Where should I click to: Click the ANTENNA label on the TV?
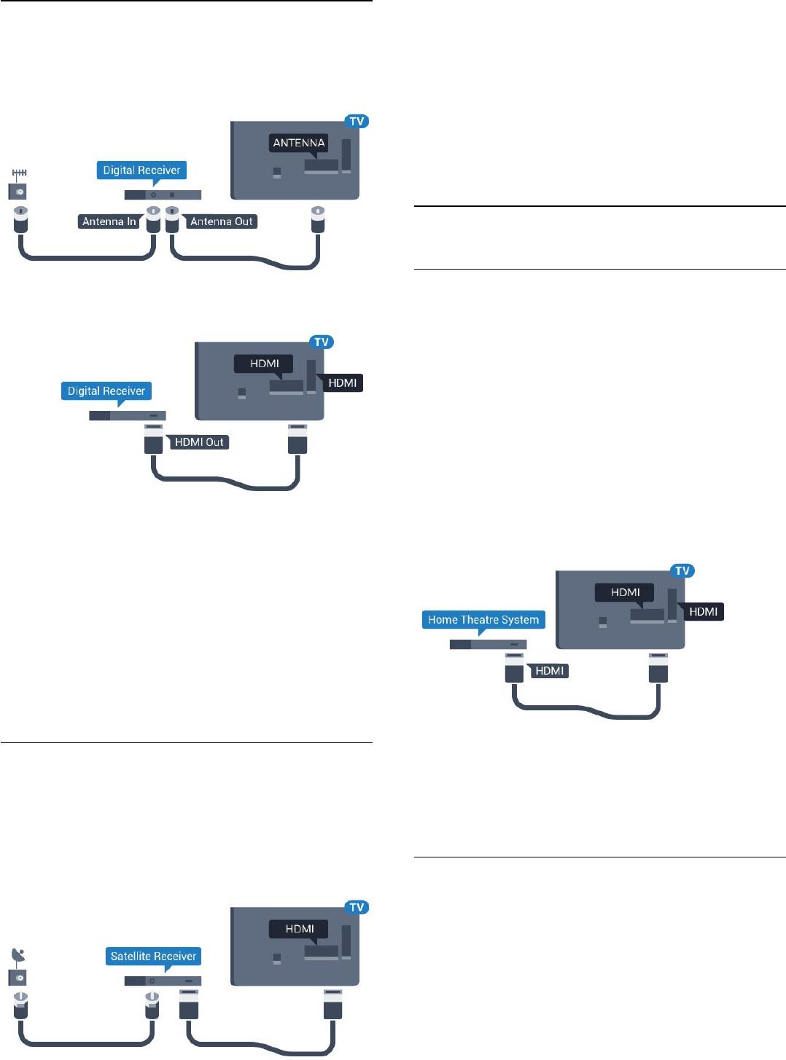coord(298,143)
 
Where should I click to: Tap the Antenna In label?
coord(109,221)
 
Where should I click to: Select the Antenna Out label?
coord(221,221)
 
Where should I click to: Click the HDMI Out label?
coord(199,442)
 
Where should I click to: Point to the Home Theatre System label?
coord(483,620)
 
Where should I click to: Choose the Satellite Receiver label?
coord(153,956)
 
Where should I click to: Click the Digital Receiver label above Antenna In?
coord(141,170)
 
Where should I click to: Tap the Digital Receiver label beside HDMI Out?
coord(106,391)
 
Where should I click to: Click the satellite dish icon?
coord(18,955)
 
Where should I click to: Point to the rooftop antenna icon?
coord(19,174)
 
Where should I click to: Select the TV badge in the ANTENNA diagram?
coord(357,122)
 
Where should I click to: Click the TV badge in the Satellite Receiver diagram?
coord(357,908)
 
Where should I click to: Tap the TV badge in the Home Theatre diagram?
coord(682,571)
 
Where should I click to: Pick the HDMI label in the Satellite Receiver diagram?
coord(300,929)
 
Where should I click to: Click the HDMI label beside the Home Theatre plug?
coord(549,671)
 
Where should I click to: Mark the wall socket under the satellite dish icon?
coord(17,978)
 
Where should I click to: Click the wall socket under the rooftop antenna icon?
coord(17,192)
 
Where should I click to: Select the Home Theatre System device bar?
coord(488,645)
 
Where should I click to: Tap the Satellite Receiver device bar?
coord(163,981)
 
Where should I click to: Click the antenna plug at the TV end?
coord(317,218)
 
